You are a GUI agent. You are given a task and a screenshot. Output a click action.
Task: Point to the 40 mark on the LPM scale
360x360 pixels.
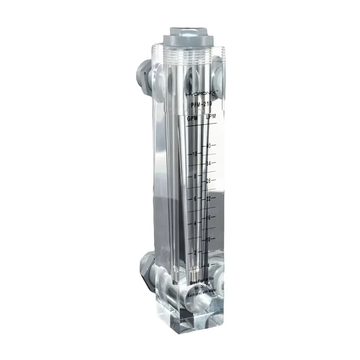(x=208, y=146)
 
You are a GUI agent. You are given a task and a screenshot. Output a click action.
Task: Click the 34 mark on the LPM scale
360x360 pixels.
(x=208, y=163)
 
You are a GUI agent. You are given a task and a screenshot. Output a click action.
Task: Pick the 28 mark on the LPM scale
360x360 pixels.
(x=208, y=181)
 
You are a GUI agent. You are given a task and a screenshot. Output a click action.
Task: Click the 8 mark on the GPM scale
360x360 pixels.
(x=195, y=176)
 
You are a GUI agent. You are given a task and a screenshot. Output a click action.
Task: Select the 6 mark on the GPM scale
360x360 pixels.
(x=195, y=199)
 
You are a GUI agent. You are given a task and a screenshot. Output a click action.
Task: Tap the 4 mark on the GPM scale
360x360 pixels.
(x=194, y=224)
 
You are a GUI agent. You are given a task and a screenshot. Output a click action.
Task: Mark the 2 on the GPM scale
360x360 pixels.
(x=195, y=252)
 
